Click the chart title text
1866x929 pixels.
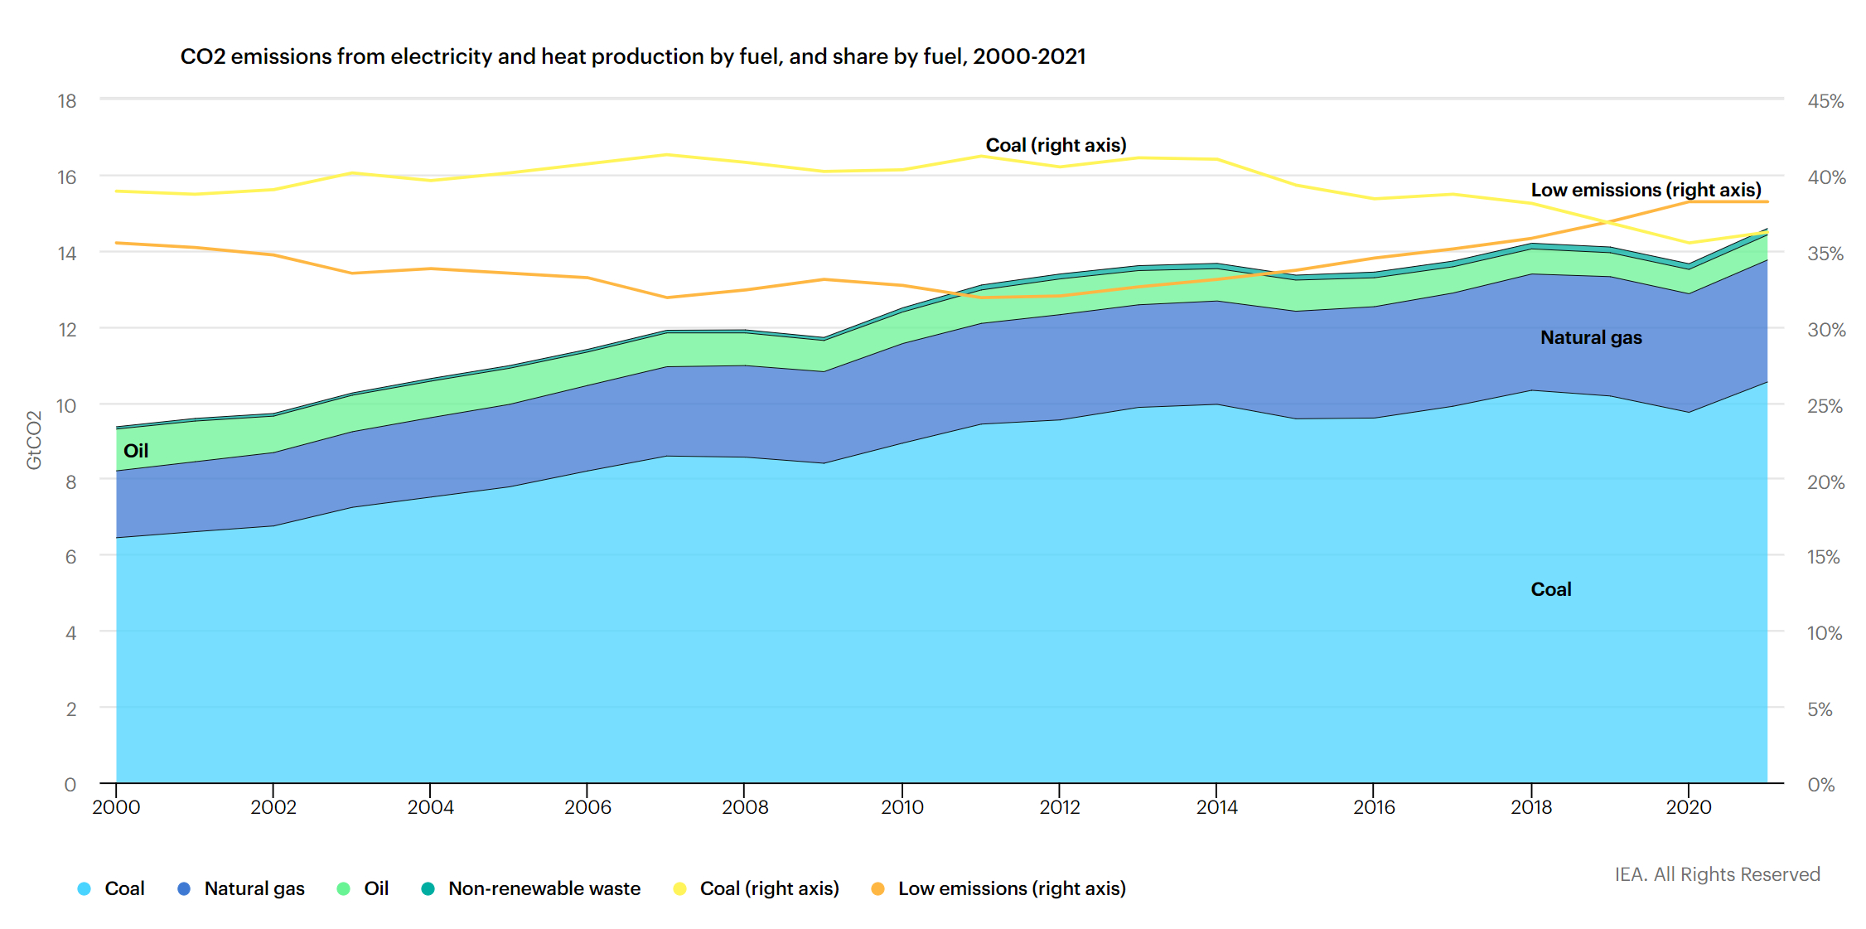point(633,56)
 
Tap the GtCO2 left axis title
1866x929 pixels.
point(34,440)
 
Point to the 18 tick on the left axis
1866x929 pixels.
point(67,101)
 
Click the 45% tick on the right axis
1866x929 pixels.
point(1825,101)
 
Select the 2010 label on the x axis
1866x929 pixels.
point(902,807)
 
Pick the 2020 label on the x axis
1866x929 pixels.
point(1688,807)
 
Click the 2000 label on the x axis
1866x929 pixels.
point(116,807)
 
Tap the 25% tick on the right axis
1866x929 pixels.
point(1825,406)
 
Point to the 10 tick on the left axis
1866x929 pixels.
point(66,406)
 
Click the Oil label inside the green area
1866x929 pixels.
point(136,451)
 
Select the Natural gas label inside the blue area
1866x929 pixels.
point(1591,337)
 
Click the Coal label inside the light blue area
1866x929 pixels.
point(1551,589)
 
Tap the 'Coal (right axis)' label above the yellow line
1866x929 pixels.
point(1056,145)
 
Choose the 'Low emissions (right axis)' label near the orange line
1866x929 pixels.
point(1646,190)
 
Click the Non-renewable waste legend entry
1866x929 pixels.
point(531,888)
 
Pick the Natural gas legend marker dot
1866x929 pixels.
point(184,888)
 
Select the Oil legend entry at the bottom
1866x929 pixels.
point(363,888)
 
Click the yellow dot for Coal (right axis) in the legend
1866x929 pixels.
point(679,888)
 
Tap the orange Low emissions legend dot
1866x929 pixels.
point(877,888)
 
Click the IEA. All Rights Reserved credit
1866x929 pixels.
point(1717,874)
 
